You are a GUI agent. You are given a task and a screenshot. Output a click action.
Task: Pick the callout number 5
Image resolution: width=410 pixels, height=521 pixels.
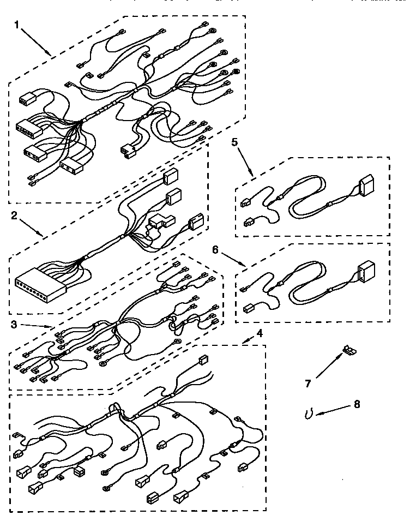[235, 142]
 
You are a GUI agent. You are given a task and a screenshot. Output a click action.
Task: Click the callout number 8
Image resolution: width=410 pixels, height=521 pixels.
[357, 404]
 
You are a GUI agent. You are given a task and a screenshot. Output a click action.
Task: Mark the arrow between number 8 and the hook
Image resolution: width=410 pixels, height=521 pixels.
[333, 410]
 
